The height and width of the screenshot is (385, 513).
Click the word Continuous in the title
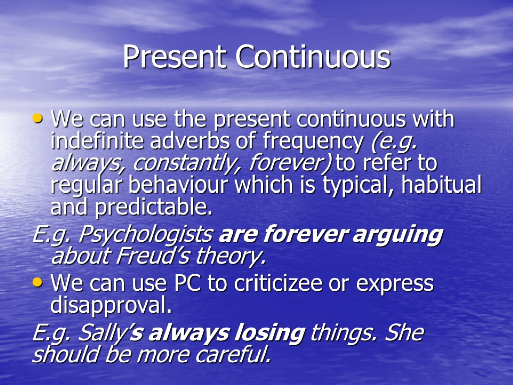[x=313, y=57]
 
